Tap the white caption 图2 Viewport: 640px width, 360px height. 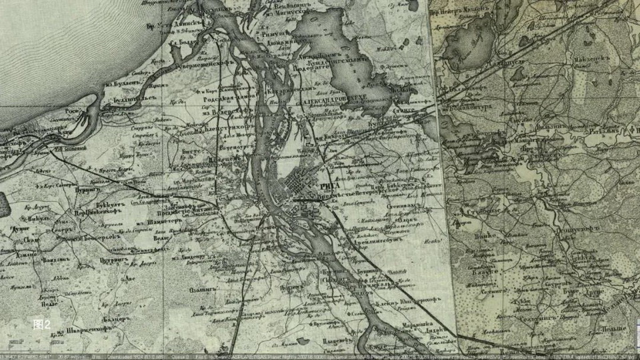point(41,325)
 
